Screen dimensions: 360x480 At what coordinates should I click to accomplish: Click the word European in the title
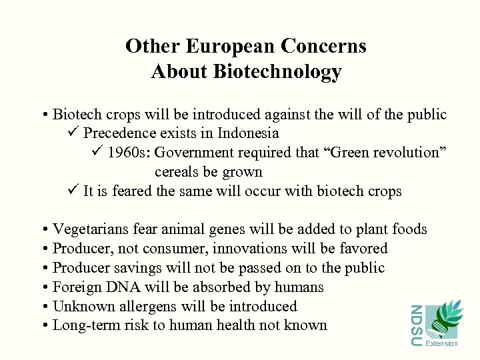click(x=230, y=46)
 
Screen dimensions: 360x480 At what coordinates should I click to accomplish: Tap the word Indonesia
click(x=243, y=133)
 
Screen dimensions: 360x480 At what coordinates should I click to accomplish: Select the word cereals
click(x=179, y=172)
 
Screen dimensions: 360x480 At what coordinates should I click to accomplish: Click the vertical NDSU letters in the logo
click(x=416, y=325)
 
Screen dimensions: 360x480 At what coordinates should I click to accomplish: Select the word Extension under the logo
click(x=441, y=344)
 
